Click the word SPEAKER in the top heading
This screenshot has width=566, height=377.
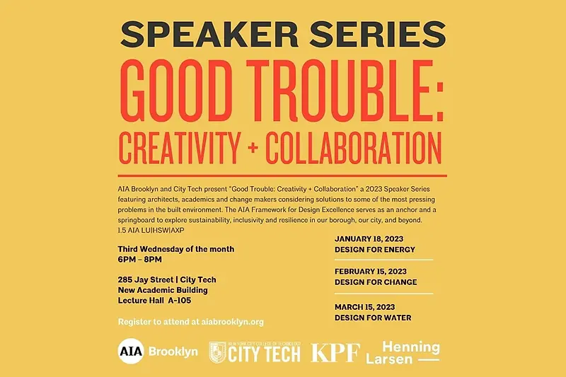[209, 34]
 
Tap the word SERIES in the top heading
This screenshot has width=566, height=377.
[378, 34]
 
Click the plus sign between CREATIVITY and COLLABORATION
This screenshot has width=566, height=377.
[253, 148]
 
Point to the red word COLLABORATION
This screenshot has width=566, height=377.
[354, 148]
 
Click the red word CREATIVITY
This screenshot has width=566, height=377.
[180, 148]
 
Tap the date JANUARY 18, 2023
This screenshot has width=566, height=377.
[369, 239]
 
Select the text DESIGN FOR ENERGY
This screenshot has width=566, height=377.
[375, 250]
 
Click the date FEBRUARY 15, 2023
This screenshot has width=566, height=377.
[370, 272]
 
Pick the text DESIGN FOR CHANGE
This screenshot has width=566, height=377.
[376, 282]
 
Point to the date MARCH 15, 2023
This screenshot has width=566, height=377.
[364, 307]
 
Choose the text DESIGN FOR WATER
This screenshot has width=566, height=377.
[373, 318]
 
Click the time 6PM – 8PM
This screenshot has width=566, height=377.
[139, 260]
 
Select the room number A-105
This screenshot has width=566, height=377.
[180, 301]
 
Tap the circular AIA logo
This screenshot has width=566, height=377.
[131, 351]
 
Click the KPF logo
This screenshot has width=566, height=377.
[335, 352]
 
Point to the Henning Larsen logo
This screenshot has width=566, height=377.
[403, 352]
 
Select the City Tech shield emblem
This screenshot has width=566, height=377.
[218, 352]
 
